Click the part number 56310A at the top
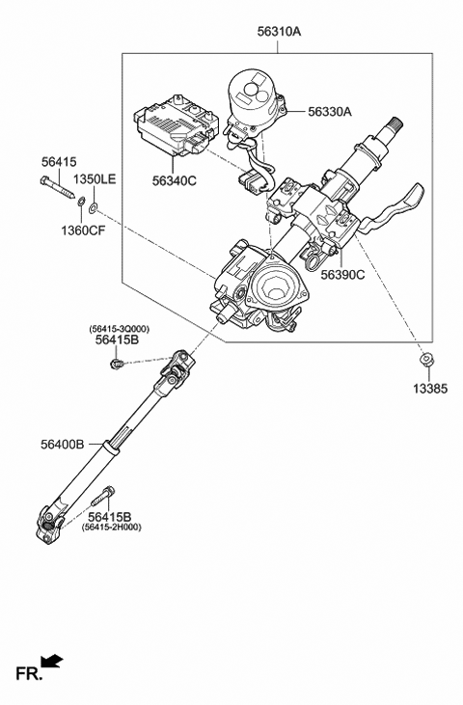coord(280,31)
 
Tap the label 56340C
coord(174,179)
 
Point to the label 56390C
coord(342,275)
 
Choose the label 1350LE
coord(96,179)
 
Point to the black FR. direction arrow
coord(54,661)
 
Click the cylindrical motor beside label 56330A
coord(253,100)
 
